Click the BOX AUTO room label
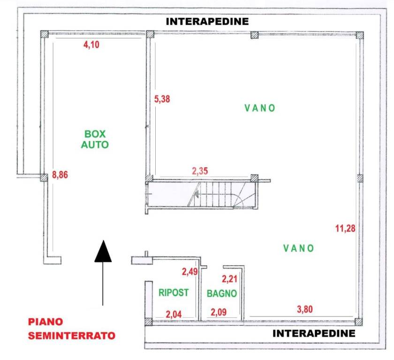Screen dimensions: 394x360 pos(95,139)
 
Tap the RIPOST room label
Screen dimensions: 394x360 pos(174,292)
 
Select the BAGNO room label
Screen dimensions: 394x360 pos(222,293)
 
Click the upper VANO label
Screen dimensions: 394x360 pos(260,108)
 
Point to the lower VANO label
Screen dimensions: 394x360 pos(298,248)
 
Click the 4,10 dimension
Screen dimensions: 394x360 pos(91,45)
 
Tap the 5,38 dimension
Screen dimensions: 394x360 pos(162,99)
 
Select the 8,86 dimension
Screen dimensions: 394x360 pos(60,174)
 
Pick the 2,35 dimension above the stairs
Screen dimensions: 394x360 pos(200,171)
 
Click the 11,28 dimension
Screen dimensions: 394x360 pos(345,228)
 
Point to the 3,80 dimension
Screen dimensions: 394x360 pos(305,309)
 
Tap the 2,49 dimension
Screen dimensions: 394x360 pos(189,271)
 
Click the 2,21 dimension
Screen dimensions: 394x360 pos(229,278)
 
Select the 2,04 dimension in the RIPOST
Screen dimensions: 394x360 pos(174,315)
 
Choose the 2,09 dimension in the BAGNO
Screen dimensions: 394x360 pos(219,312)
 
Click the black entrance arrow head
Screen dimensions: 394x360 pos(103,252)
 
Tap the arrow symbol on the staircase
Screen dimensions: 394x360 pos(196,194)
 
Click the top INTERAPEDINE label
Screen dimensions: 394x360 pos(207,22)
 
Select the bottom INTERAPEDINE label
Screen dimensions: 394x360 pos(314,333)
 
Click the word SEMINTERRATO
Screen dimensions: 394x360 pos(72,336)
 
